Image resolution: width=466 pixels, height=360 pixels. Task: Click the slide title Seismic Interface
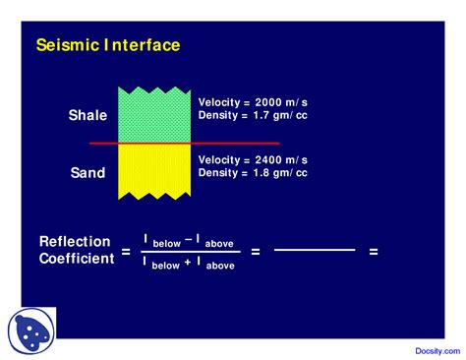click(x=107, y=45)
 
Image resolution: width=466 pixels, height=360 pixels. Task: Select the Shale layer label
click(x=87, y=115)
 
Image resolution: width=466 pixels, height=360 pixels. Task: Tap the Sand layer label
click(x=87, y=173)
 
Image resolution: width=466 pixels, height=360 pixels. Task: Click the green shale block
click(x=154, y=114)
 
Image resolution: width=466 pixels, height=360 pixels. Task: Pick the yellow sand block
click(x=154, y=171)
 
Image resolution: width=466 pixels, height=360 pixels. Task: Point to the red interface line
click(x=236, y=144)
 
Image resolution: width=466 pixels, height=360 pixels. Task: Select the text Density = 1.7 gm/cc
click(x=253, y=116)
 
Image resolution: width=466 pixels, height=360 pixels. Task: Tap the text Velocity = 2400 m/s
click(x=253, y=159)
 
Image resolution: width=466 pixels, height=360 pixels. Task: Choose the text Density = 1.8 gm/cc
click(x=253, y=173)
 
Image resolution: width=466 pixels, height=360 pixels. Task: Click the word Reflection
click(x=76, y=241)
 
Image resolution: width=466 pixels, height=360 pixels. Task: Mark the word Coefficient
click(x=76, y=259)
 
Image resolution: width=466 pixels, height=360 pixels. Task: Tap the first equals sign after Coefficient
click(x=125, y=253)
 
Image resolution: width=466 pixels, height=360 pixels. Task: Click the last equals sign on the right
click(x=374, y=252)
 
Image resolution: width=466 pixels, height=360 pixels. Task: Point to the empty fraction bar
click(x=314, y=251)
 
